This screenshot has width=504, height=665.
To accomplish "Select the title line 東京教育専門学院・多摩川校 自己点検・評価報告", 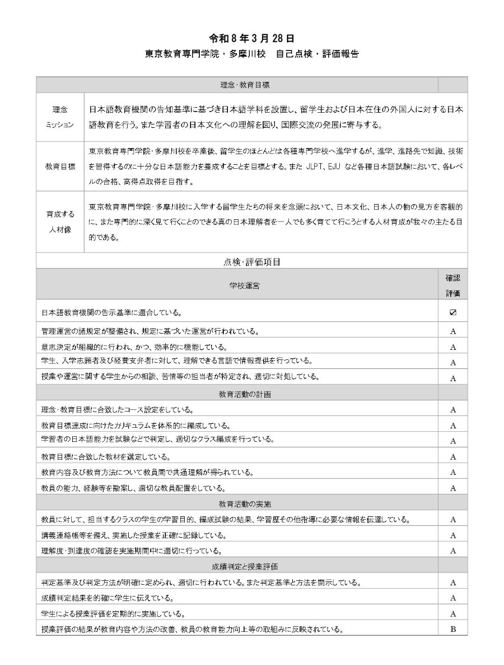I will (251, 54).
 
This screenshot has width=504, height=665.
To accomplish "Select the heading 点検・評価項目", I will (251, 261).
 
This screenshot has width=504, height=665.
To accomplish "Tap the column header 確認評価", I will (452, 285).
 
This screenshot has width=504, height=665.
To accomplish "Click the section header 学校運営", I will (244, 285).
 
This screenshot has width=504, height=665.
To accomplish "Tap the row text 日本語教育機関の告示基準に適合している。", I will (111, 312).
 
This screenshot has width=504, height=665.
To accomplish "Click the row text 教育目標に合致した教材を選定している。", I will (106, 456).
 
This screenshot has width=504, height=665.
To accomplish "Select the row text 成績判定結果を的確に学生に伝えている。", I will (107, 598).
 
